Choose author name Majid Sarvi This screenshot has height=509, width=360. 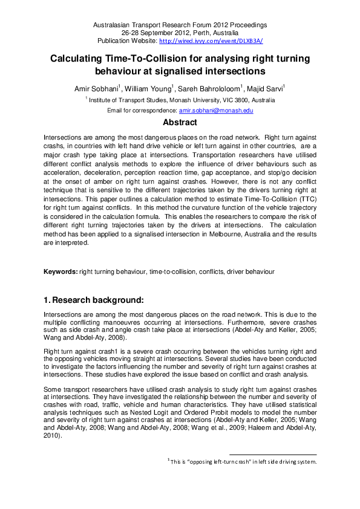tap(267, 88)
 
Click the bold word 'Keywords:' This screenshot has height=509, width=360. tap(61, 272)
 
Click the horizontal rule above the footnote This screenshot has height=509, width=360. tap(273, 454)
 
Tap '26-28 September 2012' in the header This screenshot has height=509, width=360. tap(159, 33)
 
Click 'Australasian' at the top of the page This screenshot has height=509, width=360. tap(113, 25)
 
